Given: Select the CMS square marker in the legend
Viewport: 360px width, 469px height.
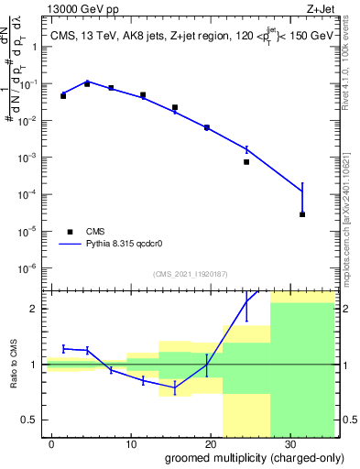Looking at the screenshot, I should (70, 232).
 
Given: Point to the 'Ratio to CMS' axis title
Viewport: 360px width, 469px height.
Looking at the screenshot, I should (13, 364).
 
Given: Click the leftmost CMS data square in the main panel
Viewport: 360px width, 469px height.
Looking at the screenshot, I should (63, 95).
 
